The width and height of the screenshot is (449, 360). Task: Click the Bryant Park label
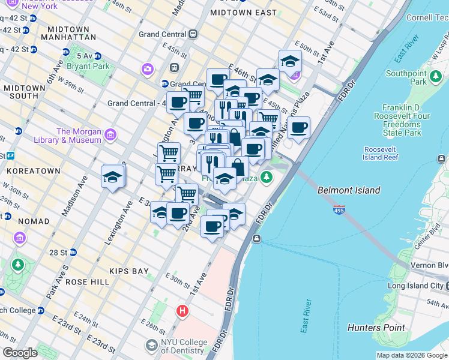pyautogui.click(x=89, y=66)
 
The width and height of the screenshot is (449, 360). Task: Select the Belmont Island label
pyautogui.click(x=349, y=190)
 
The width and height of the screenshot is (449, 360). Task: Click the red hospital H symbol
pyautogui.click(x=182, y=311)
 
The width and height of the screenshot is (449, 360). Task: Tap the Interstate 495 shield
pyautogui.click(x=339, y=211)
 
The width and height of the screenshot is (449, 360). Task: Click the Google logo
pyautogui.click(x=20, y=353)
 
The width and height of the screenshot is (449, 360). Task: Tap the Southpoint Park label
pyautogui.click(x=406, y=78)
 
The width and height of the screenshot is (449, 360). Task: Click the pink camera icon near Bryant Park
pyautogui.click(x=148, y=70)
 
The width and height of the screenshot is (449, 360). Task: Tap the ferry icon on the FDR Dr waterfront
pyautogui.click(x=256, y=239)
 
